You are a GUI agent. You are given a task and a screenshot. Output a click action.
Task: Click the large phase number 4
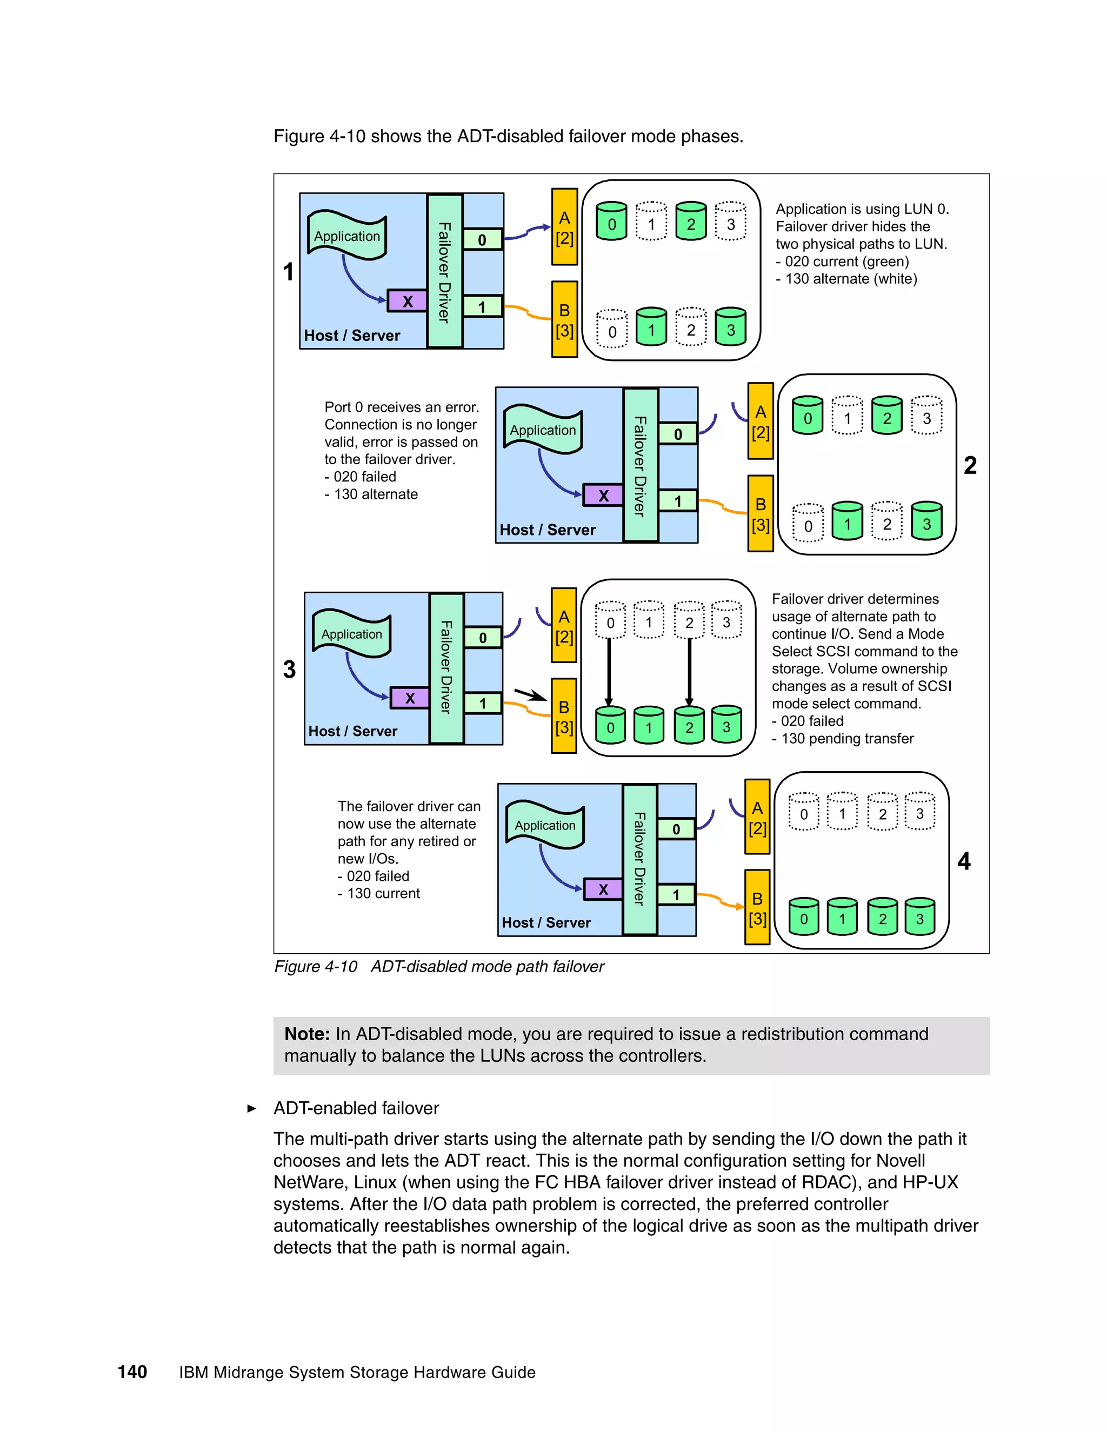pos(963,861)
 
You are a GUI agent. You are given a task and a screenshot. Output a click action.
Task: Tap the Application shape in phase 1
pos(347,236)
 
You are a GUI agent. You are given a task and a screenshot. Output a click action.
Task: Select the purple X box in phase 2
pos(603,496)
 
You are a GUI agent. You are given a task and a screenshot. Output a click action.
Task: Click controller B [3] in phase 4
pos(757,907)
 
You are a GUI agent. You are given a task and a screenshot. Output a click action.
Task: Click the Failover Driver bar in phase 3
pos(446,667)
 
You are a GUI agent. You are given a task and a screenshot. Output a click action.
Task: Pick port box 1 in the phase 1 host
pos(482,306)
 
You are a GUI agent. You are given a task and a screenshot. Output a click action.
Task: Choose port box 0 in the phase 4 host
pos(676,829)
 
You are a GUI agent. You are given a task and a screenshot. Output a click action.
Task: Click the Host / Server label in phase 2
pos(548,530)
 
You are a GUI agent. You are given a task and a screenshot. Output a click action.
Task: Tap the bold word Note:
pos(307,1034)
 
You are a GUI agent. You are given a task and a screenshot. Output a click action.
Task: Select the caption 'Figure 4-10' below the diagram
pos(316,967)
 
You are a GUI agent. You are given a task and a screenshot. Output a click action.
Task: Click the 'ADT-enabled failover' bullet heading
pos(356,1108)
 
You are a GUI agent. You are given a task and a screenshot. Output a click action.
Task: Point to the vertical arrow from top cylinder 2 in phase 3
pos(689,670)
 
